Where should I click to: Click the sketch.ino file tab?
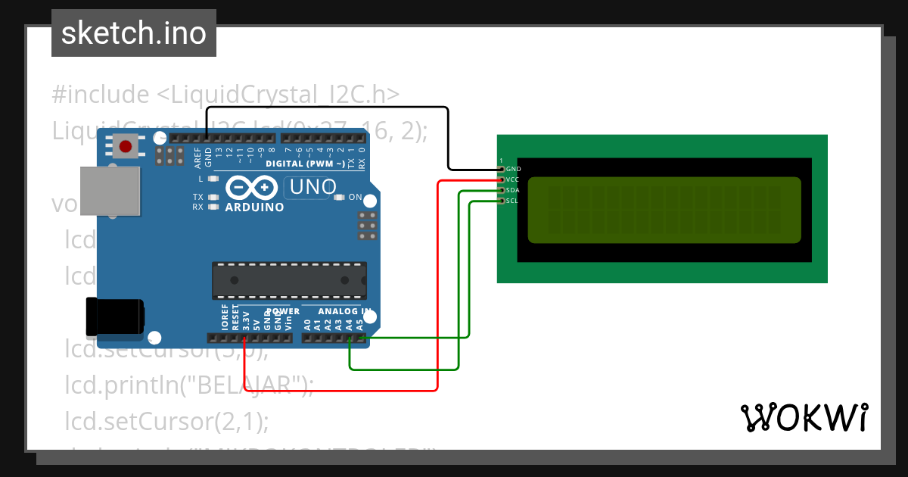(133, 33)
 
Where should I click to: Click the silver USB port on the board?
(110, 189)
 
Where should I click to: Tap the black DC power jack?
(115, 316)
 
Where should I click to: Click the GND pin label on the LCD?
(513, 169)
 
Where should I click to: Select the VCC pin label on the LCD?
(512, 179)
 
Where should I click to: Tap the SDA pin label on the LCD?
(512, 190)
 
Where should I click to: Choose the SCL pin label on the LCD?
(512, 201)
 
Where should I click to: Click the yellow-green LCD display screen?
(664, 210)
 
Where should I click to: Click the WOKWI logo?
(804, 417)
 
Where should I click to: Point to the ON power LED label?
(355, 197)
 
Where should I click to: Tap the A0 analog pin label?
(307, 324)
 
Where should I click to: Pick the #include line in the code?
(225, 95)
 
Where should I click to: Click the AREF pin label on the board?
(198, 157)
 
